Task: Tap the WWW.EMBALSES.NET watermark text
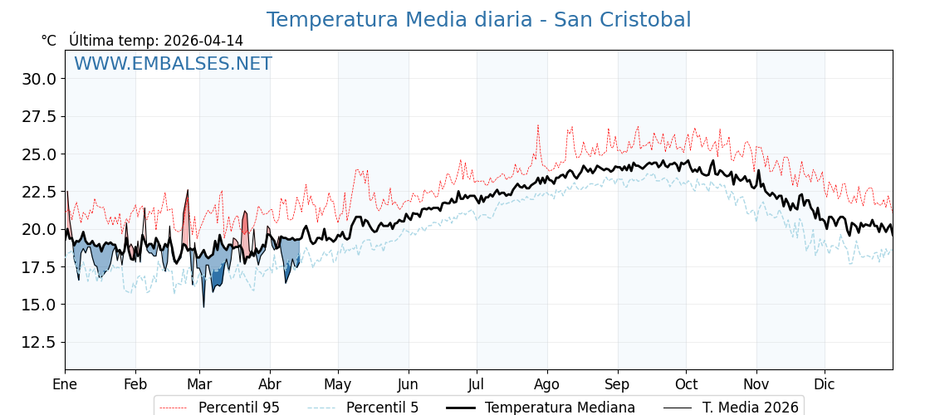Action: point(173,64)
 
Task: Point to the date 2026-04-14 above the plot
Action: point(203,41)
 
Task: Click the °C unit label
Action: point(49,41)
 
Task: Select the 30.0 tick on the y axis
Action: point(40,79)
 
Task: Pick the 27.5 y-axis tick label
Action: point(40,116)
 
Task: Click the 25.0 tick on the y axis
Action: point(40,154)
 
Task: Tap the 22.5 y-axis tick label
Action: point(40,192)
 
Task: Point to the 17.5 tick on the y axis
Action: point(40,267)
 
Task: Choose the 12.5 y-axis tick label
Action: point(40,342)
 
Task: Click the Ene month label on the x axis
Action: point(65,384)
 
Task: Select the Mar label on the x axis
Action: point(199,384)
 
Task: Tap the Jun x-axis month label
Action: point(408,384)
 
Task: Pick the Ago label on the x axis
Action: point(547,384)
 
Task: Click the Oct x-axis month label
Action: point(686,384)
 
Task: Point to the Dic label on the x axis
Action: point(825,384)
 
